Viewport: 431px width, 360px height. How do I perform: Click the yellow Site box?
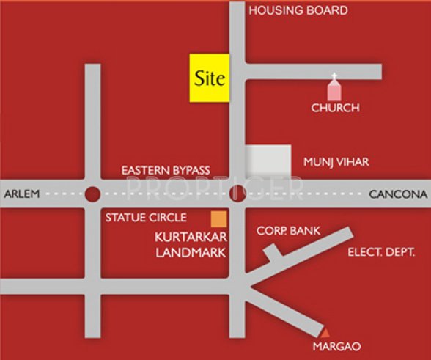pos(210,77)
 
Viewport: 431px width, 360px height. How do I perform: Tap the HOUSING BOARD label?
pos(298,11)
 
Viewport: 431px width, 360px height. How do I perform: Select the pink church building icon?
pos(334,91)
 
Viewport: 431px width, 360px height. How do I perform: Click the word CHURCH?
pos(335,108)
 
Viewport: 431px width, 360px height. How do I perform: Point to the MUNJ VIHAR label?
pos(336,161)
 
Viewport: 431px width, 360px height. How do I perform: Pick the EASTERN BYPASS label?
pos(166,170)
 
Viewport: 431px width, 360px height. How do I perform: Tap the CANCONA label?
pos(397,194)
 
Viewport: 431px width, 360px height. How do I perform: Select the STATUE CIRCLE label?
pos(146,218)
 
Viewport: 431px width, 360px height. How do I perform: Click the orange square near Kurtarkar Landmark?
pos(218,218)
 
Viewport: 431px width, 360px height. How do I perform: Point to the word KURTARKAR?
pos(190,238)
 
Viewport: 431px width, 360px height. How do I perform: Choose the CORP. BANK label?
pos(288,231)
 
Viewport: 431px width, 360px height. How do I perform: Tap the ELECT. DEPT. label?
pos(381,251)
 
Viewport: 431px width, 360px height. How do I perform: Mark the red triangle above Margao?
pos(325,334)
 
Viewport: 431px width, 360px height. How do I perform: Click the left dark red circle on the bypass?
pos(92,194)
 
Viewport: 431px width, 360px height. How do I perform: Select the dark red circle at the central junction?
pos(237,194)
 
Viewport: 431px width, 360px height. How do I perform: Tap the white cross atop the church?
pos(334,76)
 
